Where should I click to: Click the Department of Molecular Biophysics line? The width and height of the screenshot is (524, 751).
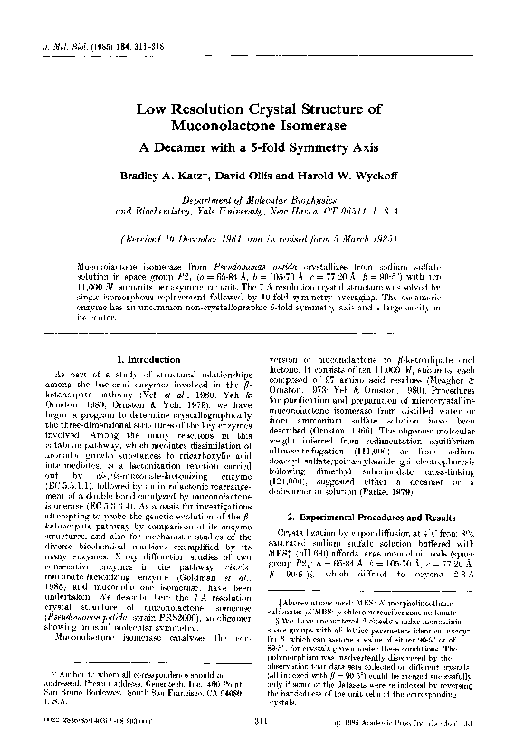point(262,198)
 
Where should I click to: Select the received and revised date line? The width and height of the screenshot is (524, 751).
point(262,240)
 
